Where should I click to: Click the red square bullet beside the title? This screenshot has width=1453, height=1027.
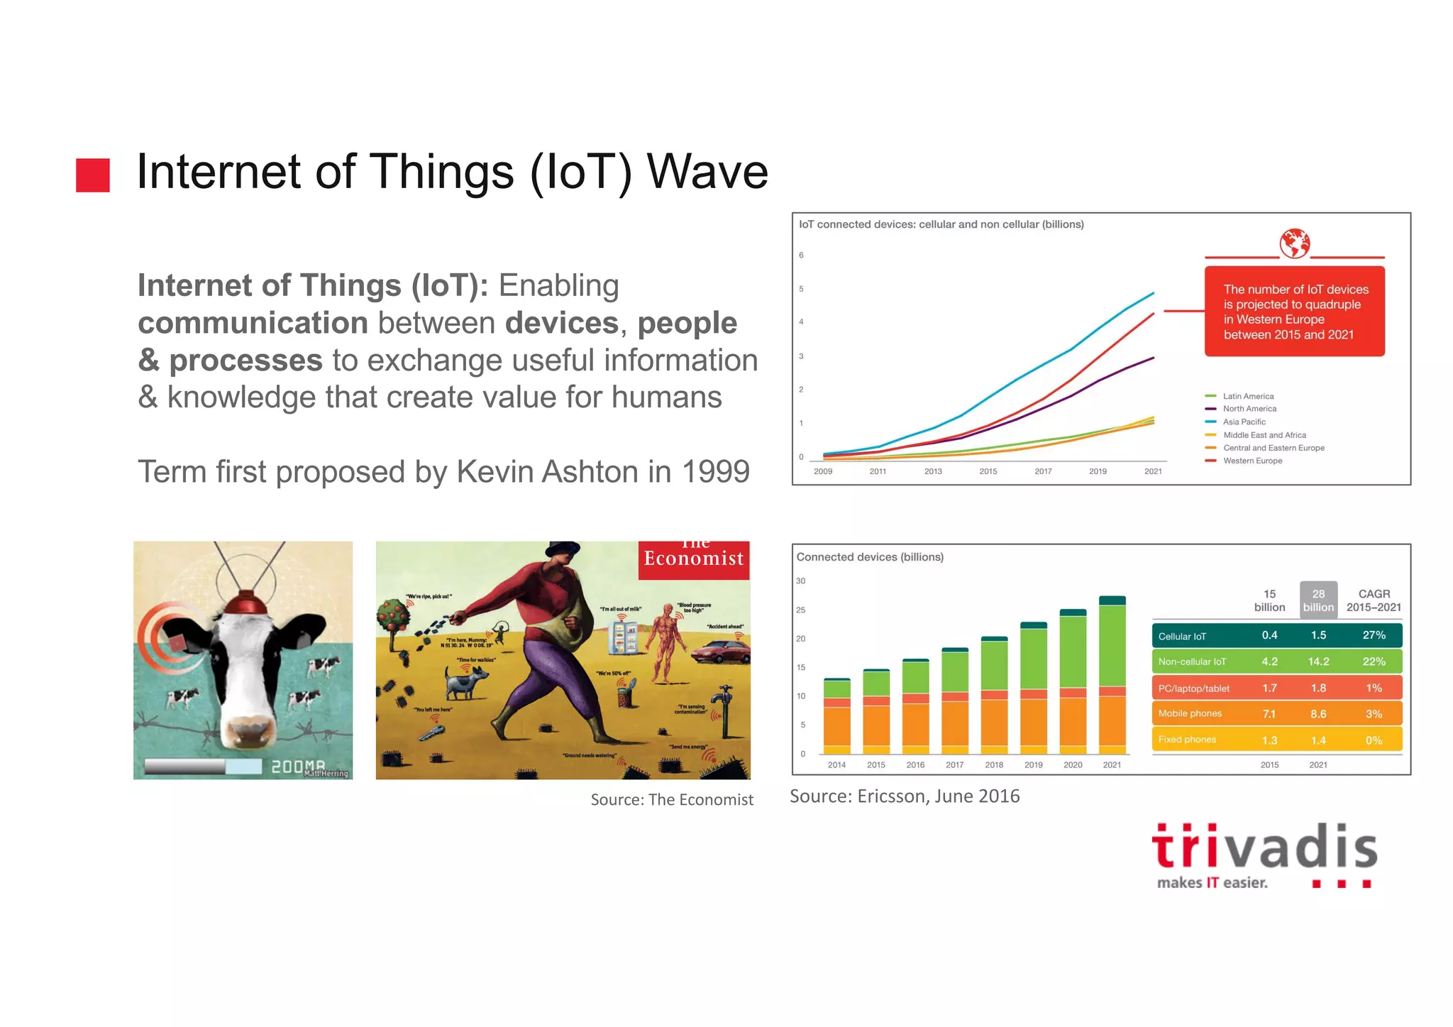pos(93,175)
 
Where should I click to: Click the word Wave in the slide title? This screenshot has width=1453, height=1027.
pos(707,172)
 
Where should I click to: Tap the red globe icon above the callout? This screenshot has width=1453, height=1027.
pos(1294,243)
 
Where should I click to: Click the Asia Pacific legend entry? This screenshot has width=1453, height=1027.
pos(1244,422)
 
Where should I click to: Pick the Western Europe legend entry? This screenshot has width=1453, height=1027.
pos(1252,461)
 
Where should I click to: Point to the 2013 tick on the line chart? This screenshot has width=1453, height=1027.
pos(933,471)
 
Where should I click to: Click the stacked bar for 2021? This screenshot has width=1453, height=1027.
pos(1112,674)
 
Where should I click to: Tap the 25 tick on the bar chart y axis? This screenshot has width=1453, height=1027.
pos(800,610)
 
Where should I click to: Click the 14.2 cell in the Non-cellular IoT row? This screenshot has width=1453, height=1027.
pos(1318,661)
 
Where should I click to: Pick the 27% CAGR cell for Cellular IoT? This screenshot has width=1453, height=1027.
pos(1374,635)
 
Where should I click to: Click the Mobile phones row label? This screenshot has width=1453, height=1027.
pos(1190,713)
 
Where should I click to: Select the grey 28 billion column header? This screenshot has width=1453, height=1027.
pos(1318,600)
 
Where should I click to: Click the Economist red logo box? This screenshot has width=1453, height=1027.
pos(693,560)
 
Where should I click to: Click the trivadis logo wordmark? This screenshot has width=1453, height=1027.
pos(1264,848)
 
